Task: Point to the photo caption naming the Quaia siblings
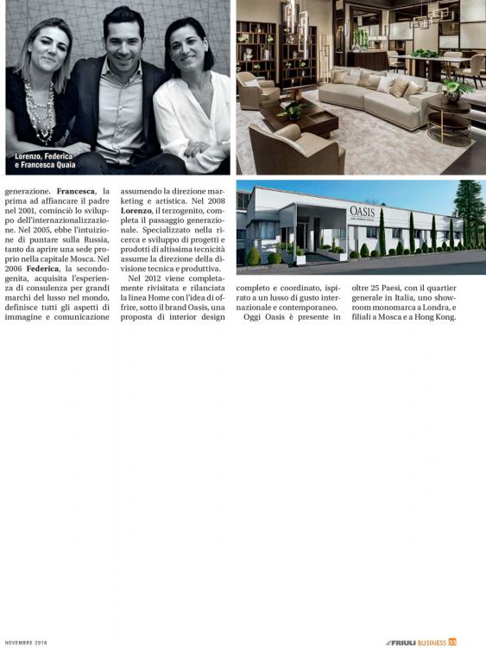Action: point(43,160)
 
